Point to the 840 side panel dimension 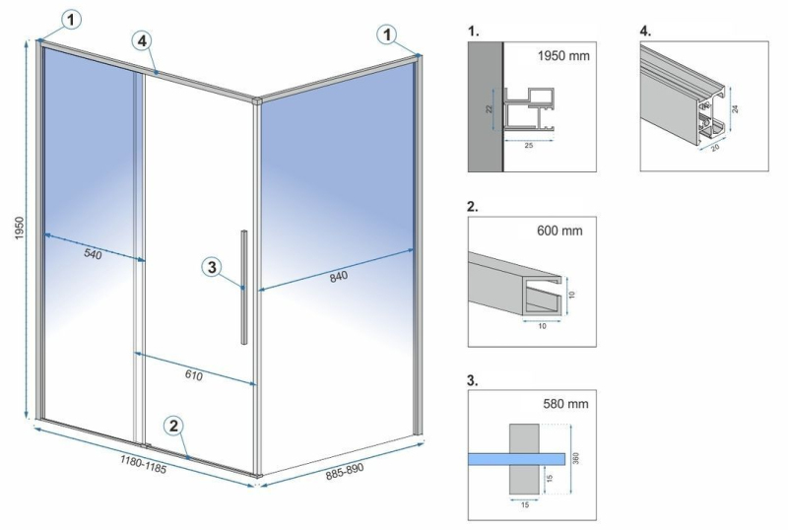click(x=338, y=276)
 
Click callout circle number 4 click(x=144, y=40)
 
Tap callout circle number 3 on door click(x=213, y=266)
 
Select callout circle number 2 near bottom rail click(x=173, y=426)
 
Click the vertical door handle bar click(x=243, y=287)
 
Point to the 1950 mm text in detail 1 click(x=563, y=56)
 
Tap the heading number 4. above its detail click(x=645, y=31)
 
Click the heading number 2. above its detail click(x=474, y=208)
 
